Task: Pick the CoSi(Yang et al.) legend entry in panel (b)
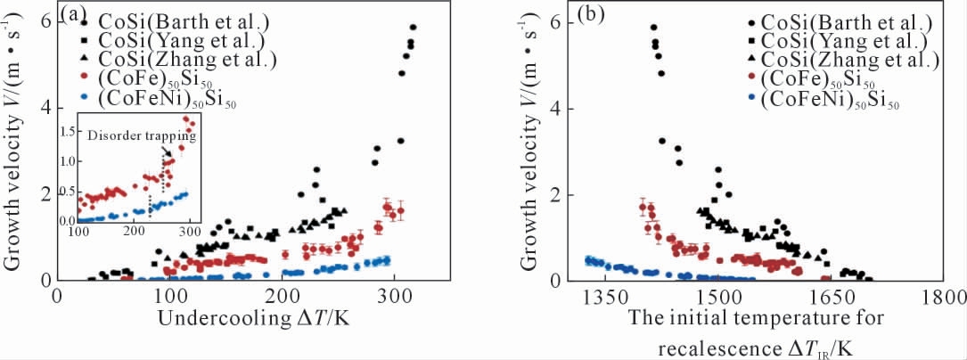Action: (x=832, y=41)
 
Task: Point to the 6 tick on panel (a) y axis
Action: (x=45, y=22)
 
